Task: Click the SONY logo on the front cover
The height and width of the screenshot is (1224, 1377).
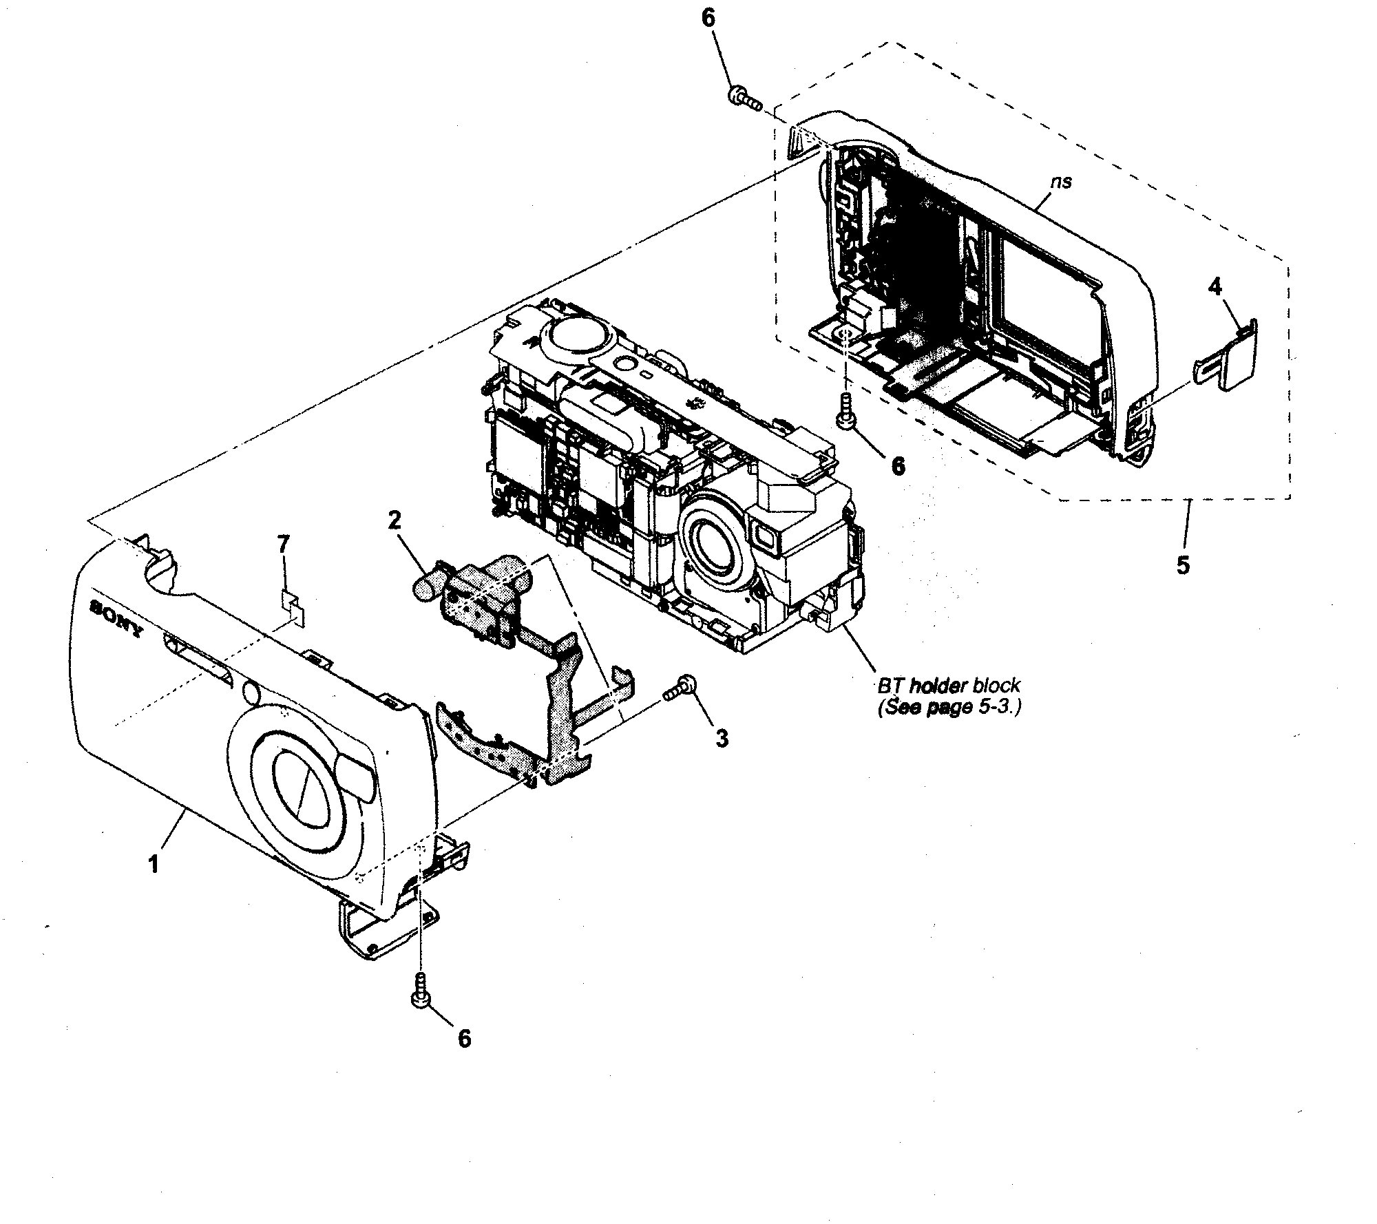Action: tap(116, 618)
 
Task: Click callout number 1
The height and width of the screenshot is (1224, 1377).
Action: tap(154, 863)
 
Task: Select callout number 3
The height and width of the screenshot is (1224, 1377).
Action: tap(721, 739)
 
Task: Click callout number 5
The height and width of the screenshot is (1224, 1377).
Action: tap(1181, 564)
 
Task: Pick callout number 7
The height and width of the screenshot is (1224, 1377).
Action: tap(283, 545)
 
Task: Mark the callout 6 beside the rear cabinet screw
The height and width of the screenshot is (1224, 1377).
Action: tap(898, 465)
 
